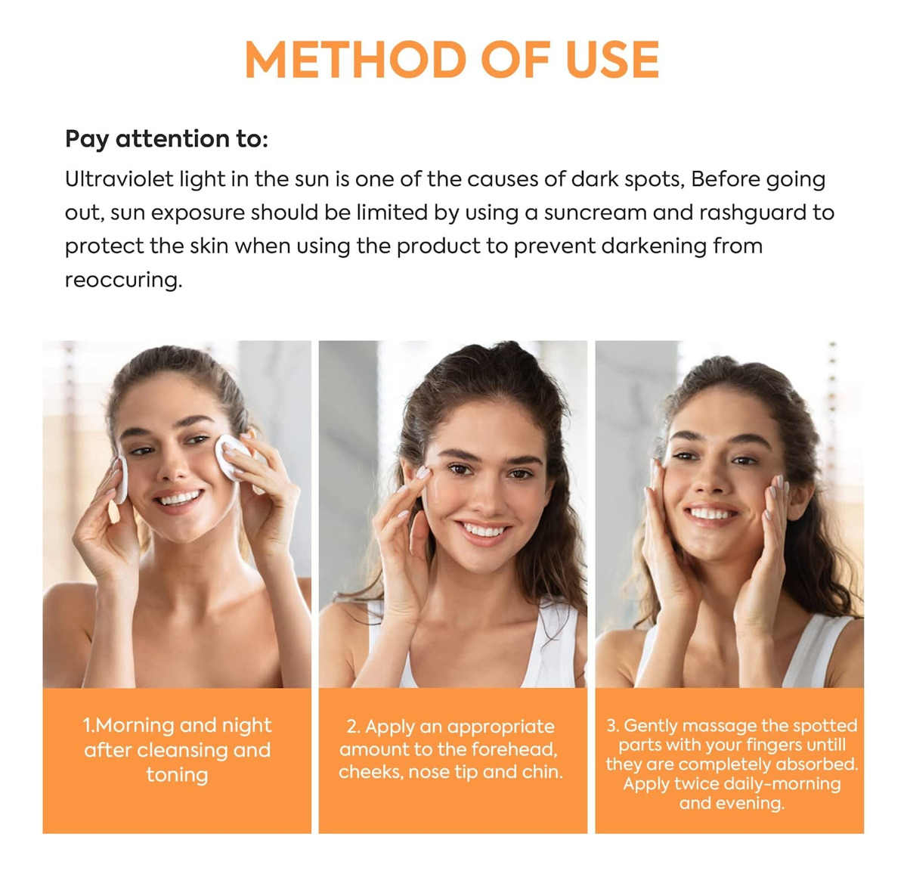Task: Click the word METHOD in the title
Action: [355, 59]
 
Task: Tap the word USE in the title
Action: [612, 59]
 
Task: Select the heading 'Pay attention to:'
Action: [166, 139]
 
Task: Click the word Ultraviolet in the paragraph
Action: [119, 179]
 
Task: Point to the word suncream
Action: [594, 213]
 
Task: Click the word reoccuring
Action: [123, 280]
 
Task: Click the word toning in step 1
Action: [177, 775]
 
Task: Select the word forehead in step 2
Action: [514, 749]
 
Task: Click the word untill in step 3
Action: [825, 745]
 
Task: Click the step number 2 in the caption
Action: [353, 727]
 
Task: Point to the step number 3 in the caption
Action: [612, 726]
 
